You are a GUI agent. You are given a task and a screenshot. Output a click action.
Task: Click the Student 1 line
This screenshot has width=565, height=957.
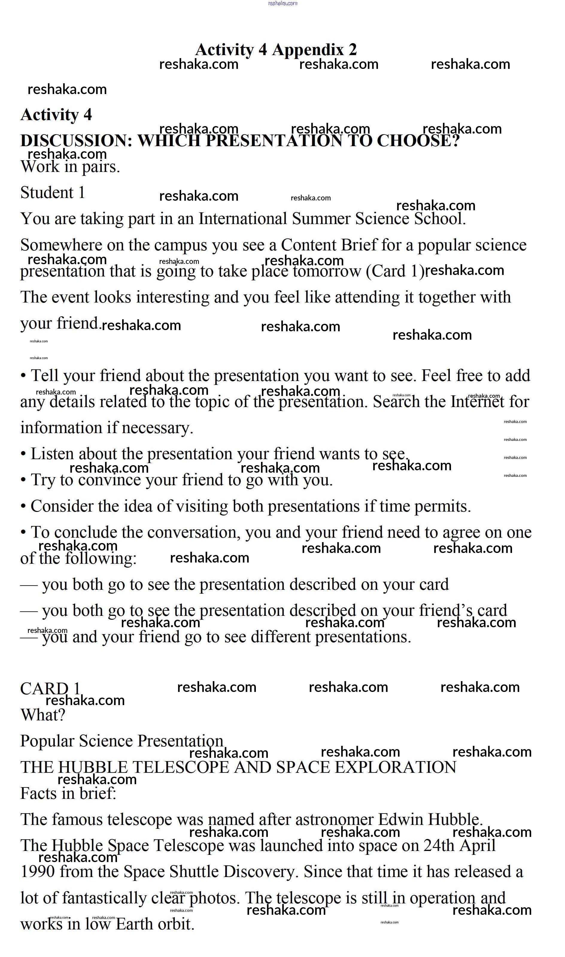53,193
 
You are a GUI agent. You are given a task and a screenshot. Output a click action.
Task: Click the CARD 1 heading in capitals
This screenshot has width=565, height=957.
50,689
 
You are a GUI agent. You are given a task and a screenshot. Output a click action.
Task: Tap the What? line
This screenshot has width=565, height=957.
42,715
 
